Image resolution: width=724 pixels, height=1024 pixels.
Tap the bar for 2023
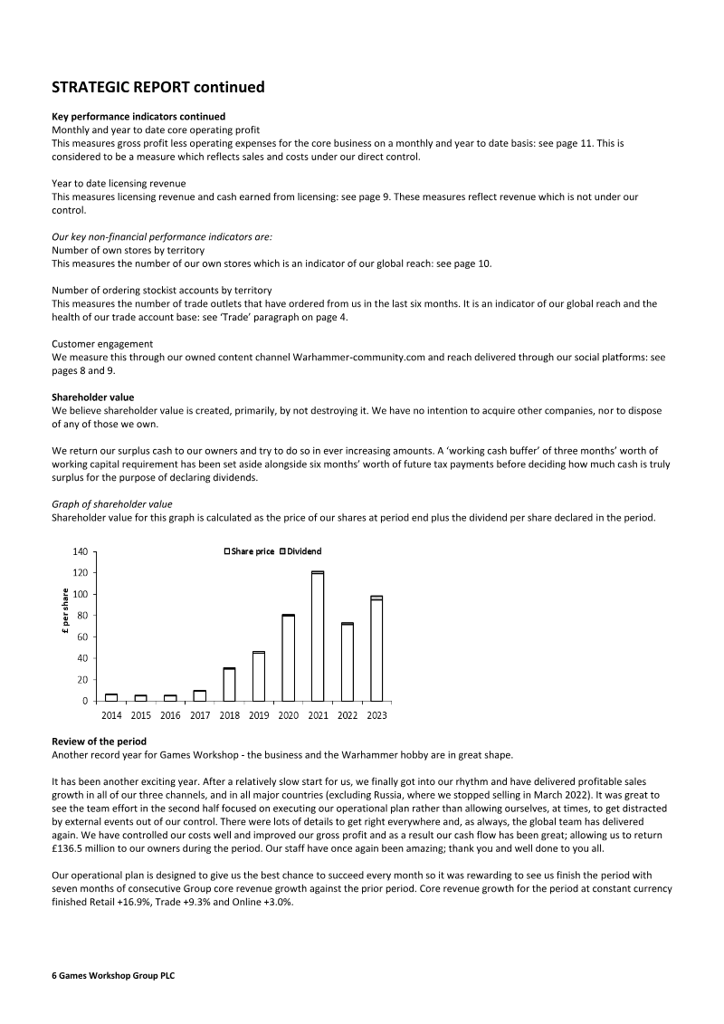click(x=376, y=648)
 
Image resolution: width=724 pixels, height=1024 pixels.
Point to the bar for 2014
click(x=111, y=697)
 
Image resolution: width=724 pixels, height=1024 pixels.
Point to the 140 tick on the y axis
click(x=81, y=551)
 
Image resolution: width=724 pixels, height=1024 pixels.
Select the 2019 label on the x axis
click(x=259, y=715)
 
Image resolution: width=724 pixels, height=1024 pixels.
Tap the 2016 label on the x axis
click(x=170, y=715)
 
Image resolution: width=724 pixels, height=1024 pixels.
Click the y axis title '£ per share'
click(x=65, y=616)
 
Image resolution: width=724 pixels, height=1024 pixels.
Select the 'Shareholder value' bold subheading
click(x=92, y=396)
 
